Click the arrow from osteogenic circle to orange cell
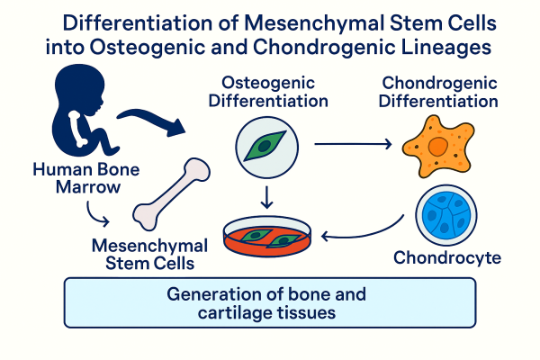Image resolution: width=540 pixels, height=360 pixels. point(351,142)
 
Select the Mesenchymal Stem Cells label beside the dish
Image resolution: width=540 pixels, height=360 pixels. point(148,253)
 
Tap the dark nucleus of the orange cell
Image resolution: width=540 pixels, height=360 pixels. point(436,145)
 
